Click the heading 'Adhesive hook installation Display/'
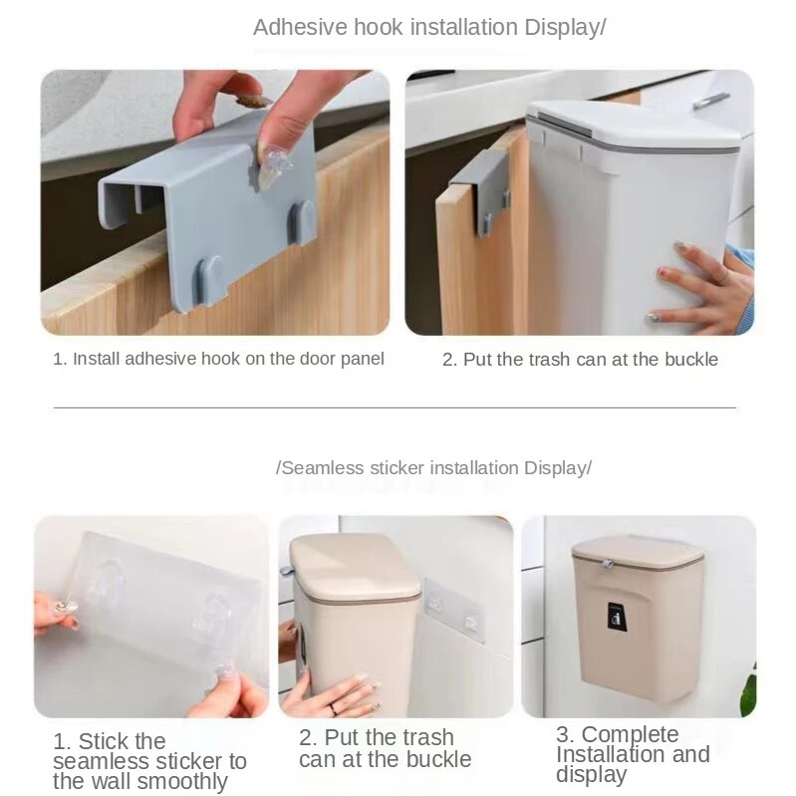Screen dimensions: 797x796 (428, 28)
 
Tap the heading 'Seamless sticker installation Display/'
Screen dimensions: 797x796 (433, 467)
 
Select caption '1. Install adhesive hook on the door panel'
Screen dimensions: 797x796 (218, 359)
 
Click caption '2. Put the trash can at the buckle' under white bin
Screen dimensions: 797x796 (580, 359)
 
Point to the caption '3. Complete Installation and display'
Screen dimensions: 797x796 (632, 754)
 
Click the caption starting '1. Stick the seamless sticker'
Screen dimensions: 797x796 (149, 761)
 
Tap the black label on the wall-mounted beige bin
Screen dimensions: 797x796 (616, 617)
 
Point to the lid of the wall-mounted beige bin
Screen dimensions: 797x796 (638, 551)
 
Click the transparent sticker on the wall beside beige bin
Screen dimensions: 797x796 (454, 611)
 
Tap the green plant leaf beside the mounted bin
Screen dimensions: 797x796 (748, 693)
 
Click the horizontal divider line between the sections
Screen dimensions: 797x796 (395, 407)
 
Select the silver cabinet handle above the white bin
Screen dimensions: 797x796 (710, 101)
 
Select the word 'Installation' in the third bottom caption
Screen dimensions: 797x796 (602, 754)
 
